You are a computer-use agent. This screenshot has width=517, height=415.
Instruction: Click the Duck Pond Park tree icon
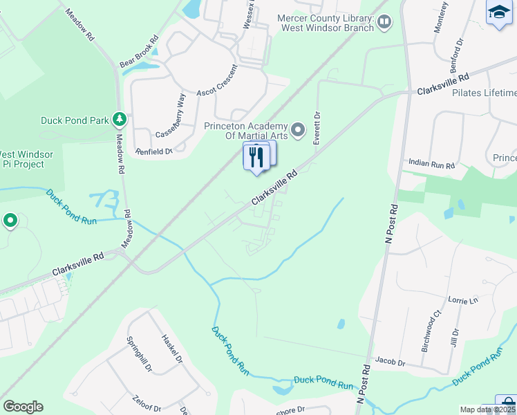pyautogui.click(x=120, y=120)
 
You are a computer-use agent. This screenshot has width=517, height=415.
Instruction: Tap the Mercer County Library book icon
pyautogui.click(x=384, y=24)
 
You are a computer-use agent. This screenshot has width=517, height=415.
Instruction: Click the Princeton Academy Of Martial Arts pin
pyautogui.click(x=298, y=129)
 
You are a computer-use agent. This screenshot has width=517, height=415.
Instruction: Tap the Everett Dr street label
pyautogui.click(x=317, y=128)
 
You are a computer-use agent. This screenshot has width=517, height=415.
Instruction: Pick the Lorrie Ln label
pyautogui.click(x=463, y=301)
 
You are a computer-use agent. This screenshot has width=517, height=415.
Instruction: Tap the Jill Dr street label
pyautogui.click(x=455, y=341)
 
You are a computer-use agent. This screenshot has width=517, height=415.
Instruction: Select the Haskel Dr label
pyautogui.click(x=171, y=350)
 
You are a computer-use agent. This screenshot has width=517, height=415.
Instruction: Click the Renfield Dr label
pyautogui.click(x=153, y=151)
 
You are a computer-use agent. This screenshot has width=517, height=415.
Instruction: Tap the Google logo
pyautogui.click(x=23, y=407)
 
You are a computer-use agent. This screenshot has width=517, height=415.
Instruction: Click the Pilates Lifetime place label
pyautogui.click(x=485, y=93)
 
